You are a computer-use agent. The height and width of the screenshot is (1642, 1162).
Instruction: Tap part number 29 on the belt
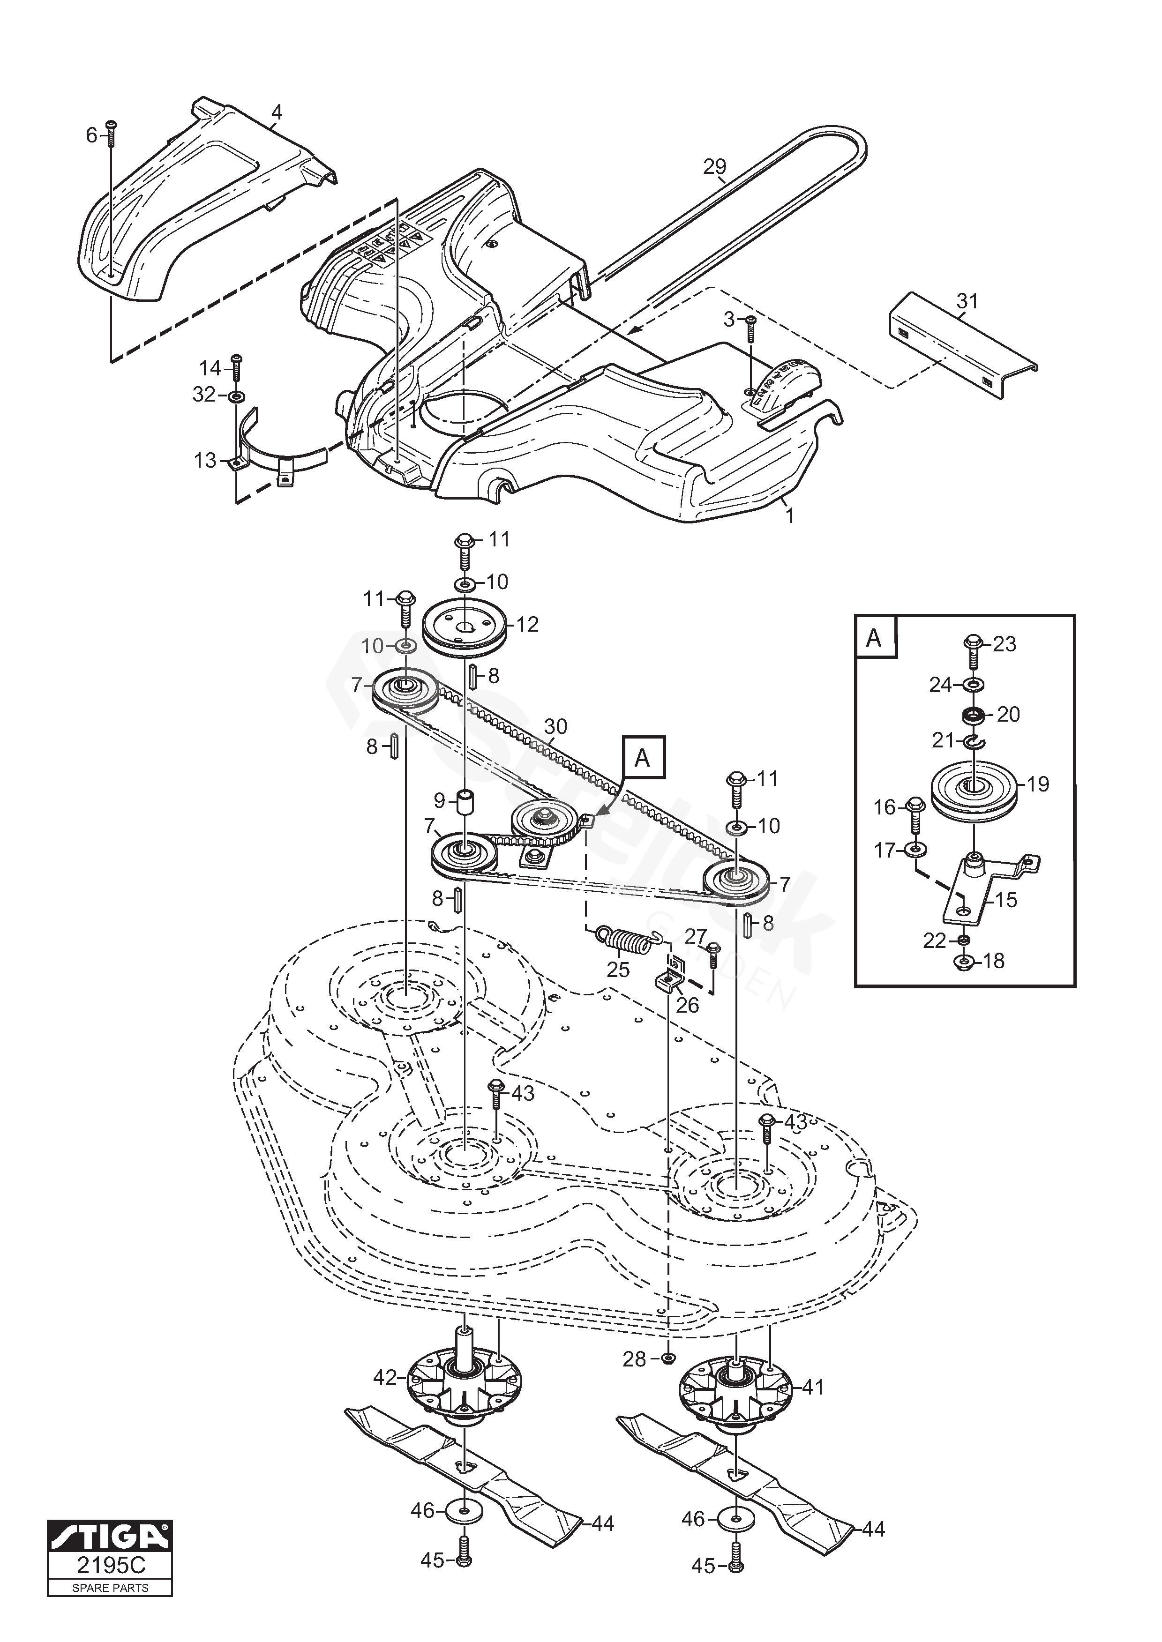[x=714, y=167]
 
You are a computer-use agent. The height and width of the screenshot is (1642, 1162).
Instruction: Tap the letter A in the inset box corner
[x=874, y=637]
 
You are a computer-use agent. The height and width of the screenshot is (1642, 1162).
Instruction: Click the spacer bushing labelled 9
[x=466, y=803]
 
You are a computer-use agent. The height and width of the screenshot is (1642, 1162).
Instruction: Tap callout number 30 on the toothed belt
[x=555, y=727]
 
